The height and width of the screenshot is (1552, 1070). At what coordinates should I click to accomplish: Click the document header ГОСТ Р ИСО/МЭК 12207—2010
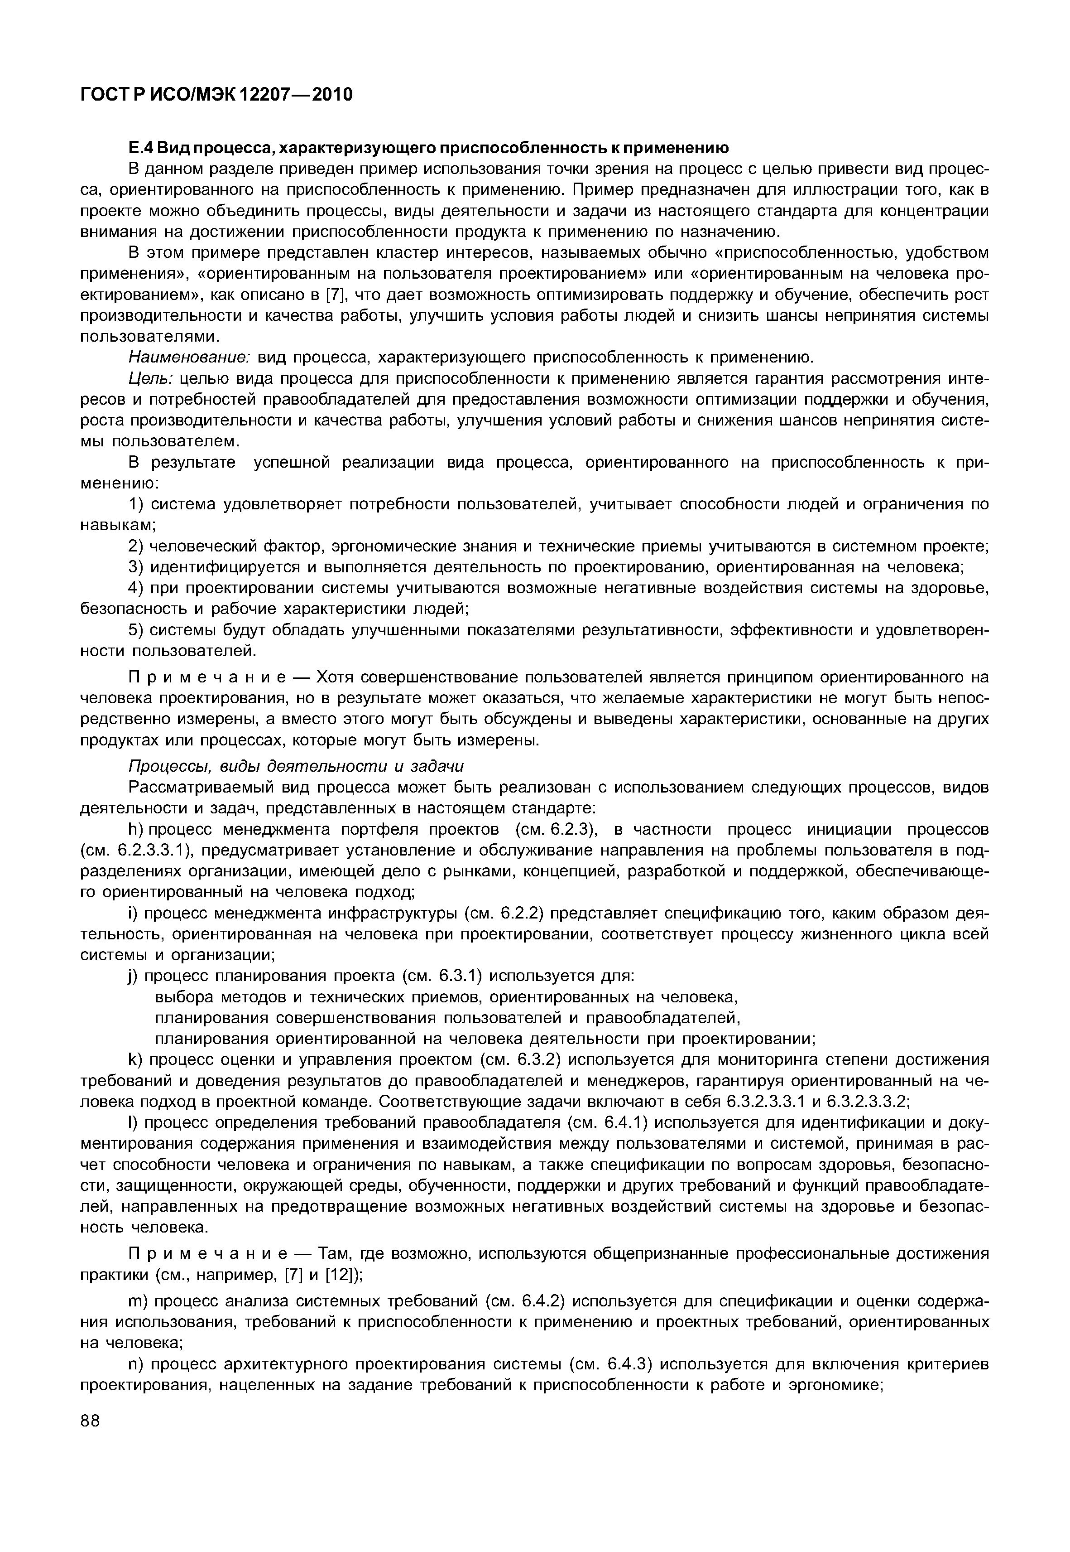(216, 95)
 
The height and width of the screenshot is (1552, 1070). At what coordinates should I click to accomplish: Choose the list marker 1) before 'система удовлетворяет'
(136, 504)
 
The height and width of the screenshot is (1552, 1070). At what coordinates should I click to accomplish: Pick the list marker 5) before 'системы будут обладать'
(136, 630)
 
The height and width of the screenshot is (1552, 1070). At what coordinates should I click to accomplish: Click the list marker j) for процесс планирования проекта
(134, 976)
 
